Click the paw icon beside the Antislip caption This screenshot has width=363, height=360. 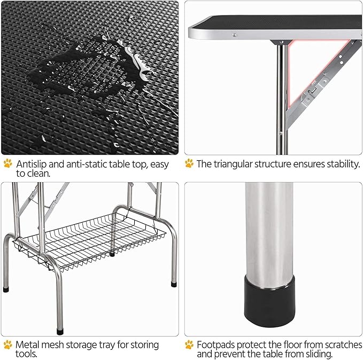click(7, 163)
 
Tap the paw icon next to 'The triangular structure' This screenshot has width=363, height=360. click(189, 163)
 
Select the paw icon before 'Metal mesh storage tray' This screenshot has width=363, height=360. click(7, 345)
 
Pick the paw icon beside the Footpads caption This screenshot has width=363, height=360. click(189, 345)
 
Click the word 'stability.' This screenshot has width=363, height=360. click(342, 163)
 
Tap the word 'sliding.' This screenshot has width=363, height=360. click(316, 354)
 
